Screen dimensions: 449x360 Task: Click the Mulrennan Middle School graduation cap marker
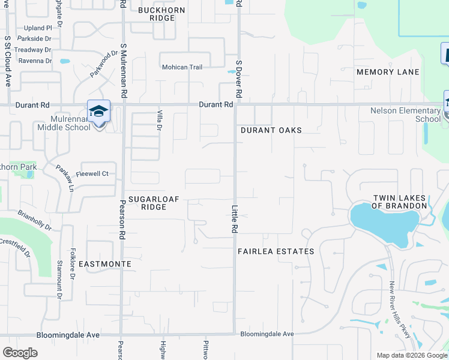[98, 112]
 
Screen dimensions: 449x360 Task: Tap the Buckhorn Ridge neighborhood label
[157, 14]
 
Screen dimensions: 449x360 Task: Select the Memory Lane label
[388, 72]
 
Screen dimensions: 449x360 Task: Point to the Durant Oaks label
[271, 130]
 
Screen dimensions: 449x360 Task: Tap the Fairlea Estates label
[276, 251]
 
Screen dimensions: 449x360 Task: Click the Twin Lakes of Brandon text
[399, 202]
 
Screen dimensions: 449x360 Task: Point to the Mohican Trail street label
[182, 67]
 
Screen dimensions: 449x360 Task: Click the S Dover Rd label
[238, 79]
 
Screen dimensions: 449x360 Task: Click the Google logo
[20, 353]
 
